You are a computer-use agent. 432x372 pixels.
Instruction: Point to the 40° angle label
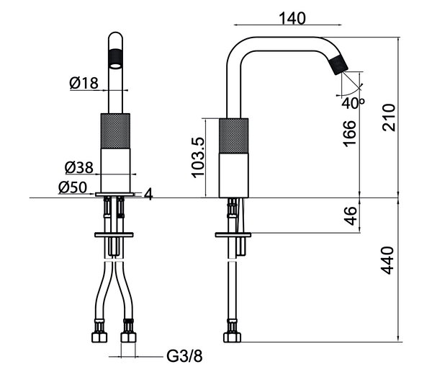click(354, 102)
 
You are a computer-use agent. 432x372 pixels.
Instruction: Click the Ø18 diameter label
click(84, 83)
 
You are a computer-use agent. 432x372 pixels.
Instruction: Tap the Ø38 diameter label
click(78, 168)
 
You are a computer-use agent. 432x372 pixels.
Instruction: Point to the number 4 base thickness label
click(148, 193)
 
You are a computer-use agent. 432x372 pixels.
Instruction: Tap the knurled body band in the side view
click(235, 133)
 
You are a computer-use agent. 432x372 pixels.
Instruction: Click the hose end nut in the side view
click(233, 337)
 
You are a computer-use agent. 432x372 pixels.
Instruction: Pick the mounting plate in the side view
click(233, 235)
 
